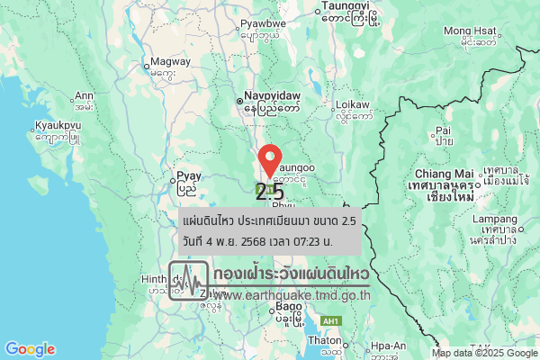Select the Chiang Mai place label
point(444,173)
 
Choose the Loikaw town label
point(353,104)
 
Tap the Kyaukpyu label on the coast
point(58,125)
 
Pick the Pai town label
point(443,130)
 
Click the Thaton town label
point(322,341)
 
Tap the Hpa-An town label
point(386,346)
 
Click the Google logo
point(30,349)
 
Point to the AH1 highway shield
point(331,321)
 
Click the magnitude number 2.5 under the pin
point(269,192)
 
